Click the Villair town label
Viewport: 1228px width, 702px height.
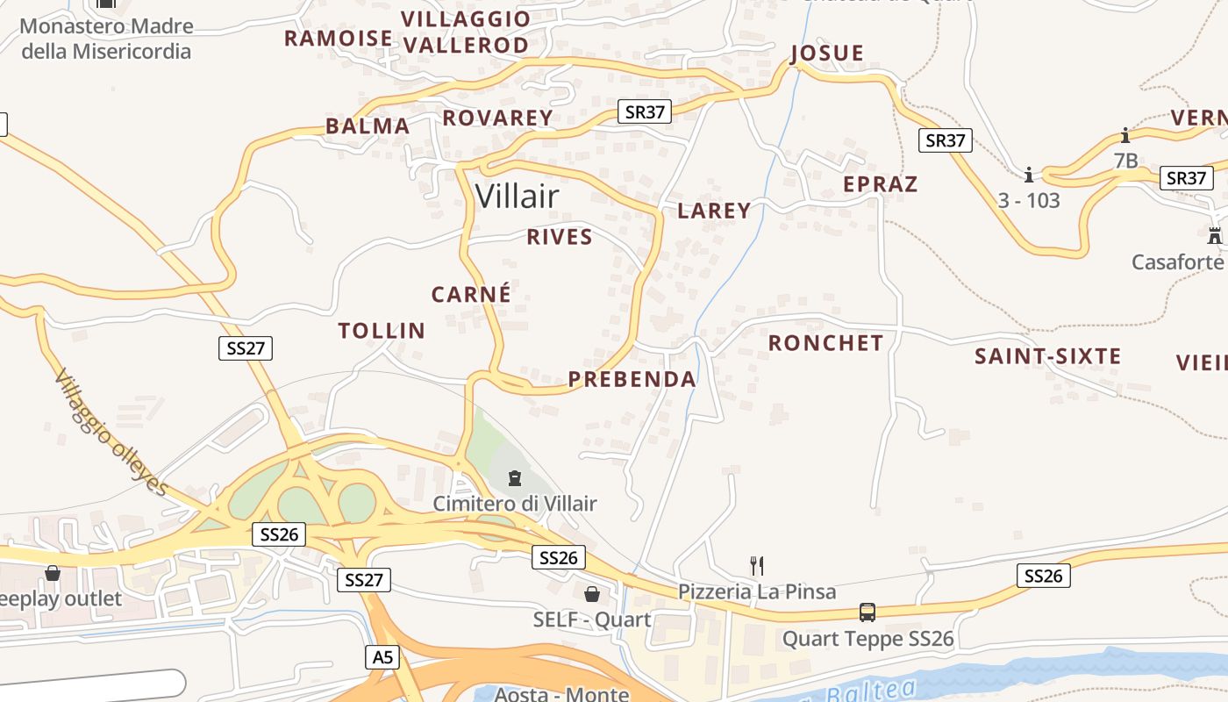[517, 197]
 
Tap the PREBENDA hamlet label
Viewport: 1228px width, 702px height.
[632, 379]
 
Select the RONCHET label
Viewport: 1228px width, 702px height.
[825, 343]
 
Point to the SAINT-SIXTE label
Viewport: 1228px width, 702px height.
[1048, 356]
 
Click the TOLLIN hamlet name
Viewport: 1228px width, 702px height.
[382, 331]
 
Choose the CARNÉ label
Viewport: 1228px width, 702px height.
[471, 294]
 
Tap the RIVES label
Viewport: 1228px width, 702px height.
[560, 237]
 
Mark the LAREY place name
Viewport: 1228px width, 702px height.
[714, 211]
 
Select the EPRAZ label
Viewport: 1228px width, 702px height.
[880, 184]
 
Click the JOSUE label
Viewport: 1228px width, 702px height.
[827, 54]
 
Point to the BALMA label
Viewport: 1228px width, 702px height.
[368, 125]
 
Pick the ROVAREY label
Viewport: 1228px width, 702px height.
[497, 118]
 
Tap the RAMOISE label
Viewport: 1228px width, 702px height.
[338, 38]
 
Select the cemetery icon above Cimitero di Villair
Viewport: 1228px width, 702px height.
[515, 478]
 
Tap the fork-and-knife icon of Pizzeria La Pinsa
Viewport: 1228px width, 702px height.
[757, 565]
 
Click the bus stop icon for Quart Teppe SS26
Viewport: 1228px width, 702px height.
[867, 612]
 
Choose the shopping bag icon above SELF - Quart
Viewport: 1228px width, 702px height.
[592, 594]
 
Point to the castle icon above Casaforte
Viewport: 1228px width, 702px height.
[1215, 235]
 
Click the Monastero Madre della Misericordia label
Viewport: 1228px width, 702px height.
[106, 38]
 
